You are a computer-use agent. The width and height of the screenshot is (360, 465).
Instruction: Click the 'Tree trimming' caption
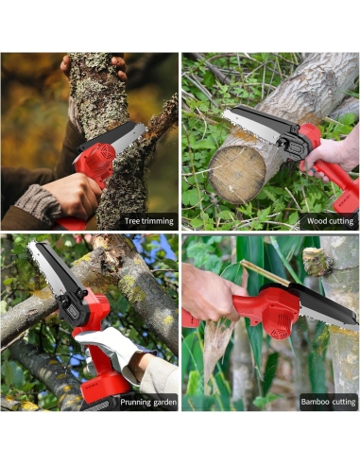(x=148, y=221)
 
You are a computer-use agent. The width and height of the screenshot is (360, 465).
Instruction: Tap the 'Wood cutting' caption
(x=330, y=221)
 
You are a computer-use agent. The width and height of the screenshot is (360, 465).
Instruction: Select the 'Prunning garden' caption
(x=148, y=403)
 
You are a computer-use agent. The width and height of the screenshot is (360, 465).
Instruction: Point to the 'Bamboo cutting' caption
(x=328, y=402)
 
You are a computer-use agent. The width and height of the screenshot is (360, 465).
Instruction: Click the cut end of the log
(x=237, y=173)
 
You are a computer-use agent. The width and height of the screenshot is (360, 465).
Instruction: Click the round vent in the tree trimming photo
(x=107, y=152)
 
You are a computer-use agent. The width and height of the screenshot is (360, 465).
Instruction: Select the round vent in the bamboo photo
(x=279, y=333)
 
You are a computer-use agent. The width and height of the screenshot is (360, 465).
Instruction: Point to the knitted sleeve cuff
(x=37, y=202)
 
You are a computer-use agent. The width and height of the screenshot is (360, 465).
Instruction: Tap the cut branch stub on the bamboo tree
(x=317, y=262)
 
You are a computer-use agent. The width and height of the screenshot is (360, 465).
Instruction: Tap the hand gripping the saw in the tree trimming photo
(x=73, y=195)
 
